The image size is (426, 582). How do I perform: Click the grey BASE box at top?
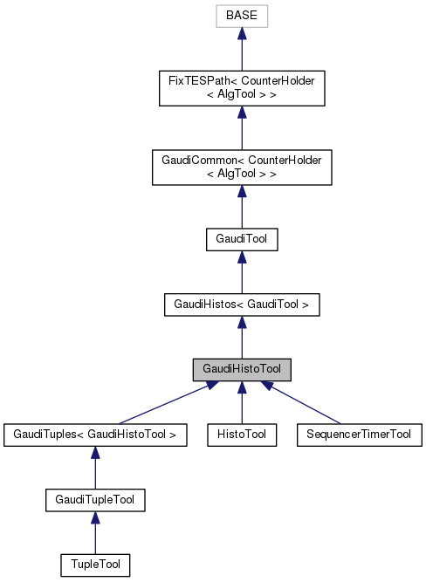(241, 16)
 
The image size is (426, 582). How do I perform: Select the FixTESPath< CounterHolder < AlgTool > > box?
(241, 86)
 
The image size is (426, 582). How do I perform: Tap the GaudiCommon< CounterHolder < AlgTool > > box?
(241, 166)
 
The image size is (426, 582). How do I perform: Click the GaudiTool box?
(241, 238)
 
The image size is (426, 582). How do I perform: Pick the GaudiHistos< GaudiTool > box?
(241, 304)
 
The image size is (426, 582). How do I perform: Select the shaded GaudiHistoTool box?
(241, 369)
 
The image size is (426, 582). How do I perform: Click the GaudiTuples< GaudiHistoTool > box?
(95, 434)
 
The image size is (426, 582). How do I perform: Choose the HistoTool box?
(241, 434)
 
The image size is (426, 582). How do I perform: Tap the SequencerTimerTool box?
(359, 434)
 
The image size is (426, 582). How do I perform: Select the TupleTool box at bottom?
(95, 565)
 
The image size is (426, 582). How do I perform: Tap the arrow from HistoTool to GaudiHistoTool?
(241, 403)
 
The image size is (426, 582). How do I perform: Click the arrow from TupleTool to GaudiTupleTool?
(95, 533)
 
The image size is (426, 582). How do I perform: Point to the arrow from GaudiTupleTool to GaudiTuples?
(95, 468)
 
